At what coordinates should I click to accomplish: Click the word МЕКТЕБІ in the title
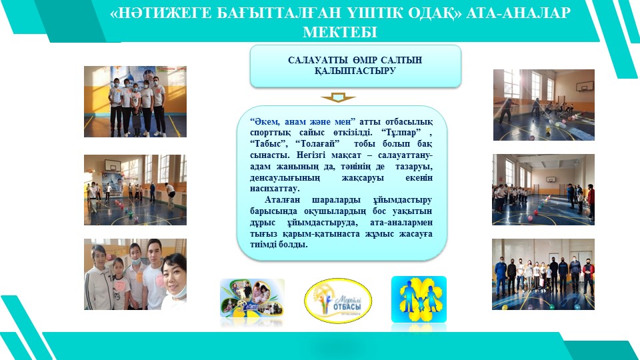(x=339, y=32)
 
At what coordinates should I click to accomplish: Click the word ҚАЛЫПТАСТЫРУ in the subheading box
(x=355, y=71)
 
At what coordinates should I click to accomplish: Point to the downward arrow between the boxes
(x=338, y=97)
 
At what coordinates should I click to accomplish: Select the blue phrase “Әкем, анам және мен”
(x=303, y=121)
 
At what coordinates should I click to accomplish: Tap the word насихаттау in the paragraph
(x=275, y=189)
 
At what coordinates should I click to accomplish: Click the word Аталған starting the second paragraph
(x=282, y=201)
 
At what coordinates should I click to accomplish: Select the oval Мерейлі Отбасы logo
(x=338, y=301)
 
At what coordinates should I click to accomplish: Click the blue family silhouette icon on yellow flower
(x=419, y=299)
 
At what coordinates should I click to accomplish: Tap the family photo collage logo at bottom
(x=252, y=299)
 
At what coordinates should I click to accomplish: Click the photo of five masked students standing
(x=135, y=101)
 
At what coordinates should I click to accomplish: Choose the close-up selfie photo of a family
(x=135, y=274)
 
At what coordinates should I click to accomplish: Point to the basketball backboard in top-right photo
(x=582, y=86)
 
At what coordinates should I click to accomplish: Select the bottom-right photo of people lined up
(x=543, y=274)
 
